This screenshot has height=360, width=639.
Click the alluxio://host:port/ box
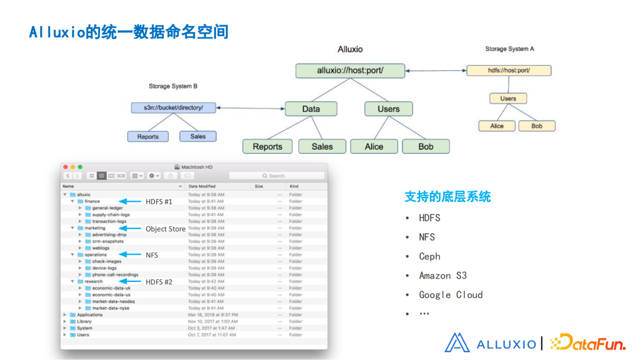(x=350, y=70)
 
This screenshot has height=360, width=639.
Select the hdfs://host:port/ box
(x=509, y=70)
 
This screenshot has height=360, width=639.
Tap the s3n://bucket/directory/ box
(x=173, y=108)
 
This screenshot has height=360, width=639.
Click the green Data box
(x=311, y=109)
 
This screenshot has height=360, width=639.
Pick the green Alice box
(x=374, y=147)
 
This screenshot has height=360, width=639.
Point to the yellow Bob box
(x=537, y=126)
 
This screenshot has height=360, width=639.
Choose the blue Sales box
(x=198, y=136)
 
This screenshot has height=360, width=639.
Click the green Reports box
(x=267, y=147)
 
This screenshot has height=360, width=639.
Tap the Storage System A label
(x=509, y=49)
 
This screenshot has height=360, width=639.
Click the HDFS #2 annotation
(x=159, y=282)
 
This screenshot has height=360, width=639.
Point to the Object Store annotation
(x=166, y=229)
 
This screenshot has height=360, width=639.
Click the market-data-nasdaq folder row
(x=113, y=301)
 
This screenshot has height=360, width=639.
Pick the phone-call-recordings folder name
(x=115, y=275)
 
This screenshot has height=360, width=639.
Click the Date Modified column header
(x=202, y=187)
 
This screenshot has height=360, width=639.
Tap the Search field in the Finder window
(x=277, y=176)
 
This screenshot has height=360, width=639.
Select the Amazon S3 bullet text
(x=443, y=275)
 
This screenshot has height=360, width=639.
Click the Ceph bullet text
(x=430, y=256)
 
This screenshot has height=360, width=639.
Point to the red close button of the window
(x=66, y=167)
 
